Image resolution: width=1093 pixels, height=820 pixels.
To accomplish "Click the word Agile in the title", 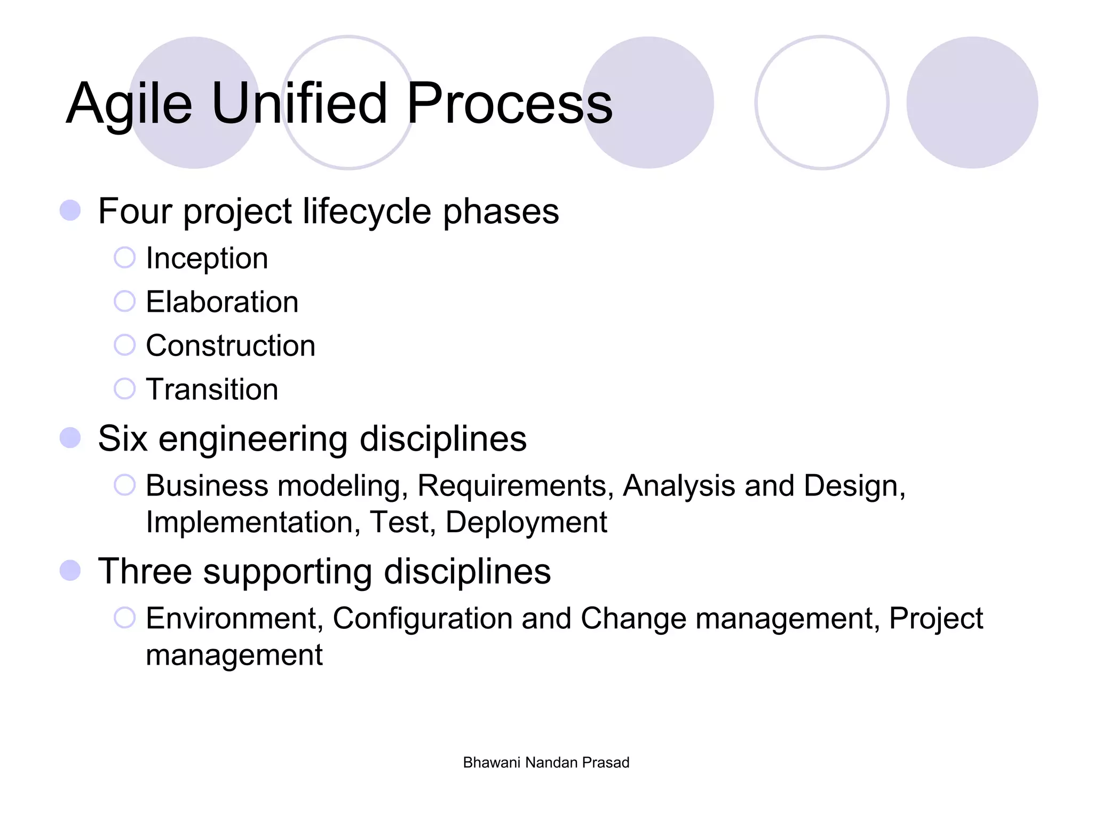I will (x=129, y=104).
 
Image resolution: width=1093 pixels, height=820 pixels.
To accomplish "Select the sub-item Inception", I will (x=207, y=258).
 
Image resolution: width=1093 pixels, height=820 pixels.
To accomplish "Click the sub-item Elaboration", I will (x=222, y=302).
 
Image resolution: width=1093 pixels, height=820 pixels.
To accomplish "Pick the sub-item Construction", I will (x=231, y=346).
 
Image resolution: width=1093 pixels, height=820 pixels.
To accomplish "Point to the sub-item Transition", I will (x=212, y=389).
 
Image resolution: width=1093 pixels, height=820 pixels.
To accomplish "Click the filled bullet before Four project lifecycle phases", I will (x=70, y=210).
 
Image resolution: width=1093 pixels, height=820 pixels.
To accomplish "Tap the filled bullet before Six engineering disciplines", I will (x=70, y=438).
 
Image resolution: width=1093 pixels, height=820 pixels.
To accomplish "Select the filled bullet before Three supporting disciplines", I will (x=70, y=570).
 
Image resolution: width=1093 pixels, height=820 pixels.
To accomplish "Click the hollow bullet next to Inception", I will (x=124, y=257).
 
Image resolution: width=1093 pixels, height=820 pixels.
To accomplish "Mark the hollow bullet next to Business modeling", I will (x=124, y=485).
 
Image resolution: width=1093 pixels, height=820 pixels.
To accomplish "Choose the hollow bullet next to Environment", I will (x=124, y=618).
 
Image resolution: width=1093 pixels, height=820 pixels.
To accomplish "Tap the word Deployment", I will (x=526, y=523).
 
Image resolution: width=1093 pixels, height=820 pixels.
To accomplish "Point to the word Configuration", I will (x=422, y=619).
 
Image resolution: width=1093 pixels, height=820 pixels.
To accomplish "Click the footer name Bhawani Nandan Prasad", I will (x=546, y=762).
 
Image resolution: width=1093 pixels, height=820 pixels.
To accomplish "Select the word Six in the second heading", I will (x=122, y=439).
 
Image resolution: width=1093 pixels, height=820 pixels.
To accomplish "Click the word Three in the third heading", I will (x=145, y=571).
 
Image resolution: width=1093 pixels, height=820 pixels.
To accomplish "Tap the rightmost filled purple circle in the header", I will (x=972, y=102).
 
